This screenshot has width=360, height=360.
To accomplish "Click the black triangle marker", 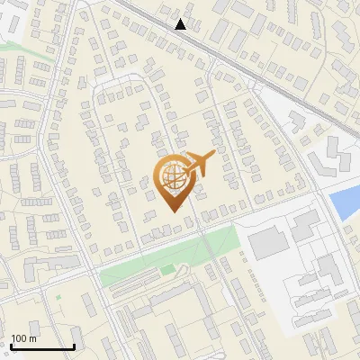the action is click(x=181, y=24).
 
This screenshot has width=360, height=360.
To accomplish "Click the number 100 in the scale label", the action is click(x=20, y=338).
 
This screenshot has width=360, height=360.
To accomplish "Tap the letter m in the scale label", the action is click(x=32, y=338).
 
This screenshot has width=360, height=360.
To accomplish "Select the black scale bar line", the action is click(x=42, y=346).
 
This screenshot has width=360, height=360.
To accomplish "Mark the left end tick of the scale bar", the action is click(x=11, y=345).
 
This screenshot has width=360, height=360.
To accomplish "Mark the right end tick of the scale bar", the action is click(x=74, y=345).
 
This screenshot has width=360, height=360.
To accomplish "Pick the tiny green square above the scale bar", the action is click(x=58, y=296).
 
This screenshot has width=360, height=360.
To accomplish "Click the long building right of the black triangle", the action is click(x=221, y=31).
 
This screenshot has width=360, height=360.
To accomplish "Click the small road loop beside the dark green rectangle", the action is click(x=184, y=273).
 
